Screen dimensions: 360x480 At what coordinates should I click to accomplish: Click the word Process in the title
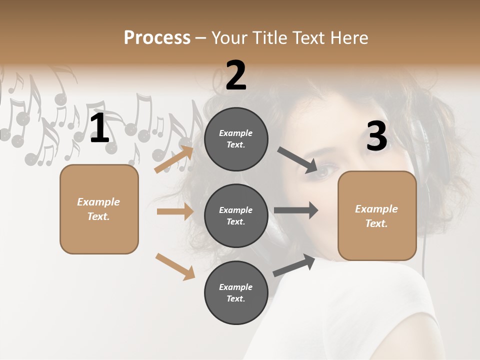(x=157, y=38)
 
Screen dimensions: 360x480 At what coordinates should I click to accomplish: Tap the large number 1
(x=99, y=129)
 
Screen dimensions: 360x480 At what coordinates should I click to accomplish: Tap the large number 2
(x=236, y=75)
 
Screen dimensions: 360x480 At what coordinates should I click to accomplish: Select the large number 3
(x=376, y=136)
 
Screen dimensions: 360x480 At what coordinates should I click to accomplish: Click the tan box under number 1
(x=99, y=209)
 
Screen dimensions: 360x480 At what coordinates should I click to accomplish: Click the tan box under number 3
(x=377, y=216)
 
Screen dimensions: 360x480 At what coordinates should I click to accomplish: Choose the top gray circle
(x=236, y=139)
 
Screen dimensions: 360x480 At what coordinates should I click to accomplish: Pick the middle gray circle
(x=236, y=215)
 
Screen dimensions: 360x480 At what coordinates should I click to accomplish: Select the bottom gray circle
(x=236, y=292)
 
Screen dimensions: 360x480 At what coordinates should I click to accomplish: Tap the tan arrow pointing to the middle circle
(x=175, y=211)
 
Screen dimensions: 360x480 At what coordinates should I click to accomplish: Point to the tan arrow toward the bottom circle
(x=175, y=266)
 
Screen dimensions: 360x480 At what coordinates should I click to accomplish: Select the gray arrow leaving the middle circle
(x=296, y=210)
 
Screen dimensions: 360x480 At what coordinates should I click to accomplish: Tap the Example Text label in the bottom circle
(x=236, y=292)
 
